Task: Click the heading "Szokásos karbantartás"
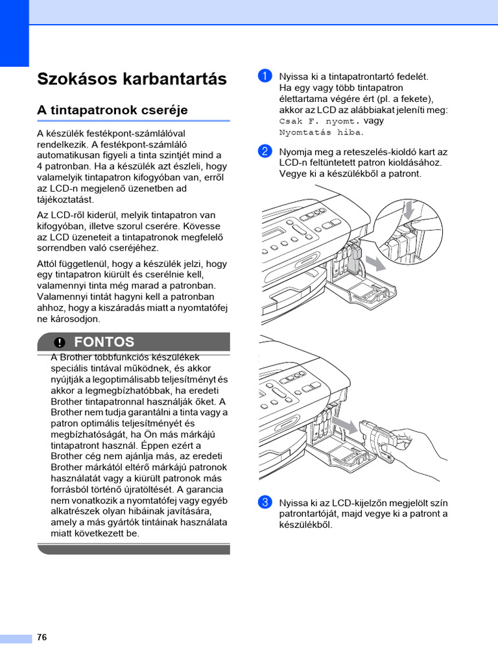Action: point(132,79)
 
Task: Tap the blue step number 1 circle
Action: point(264,77)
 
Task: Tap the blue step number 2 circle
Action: point(264,152)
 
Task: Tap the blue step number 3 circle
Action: point(264,502)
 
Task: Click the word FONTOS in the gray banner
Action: point(104,342)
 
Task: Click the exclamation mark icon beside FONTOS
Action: point(60,342)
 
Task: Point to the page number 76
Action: point(42,638)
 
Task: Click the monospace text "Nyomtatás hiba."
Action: point(321,132)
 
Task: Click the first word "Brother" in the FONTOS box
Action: point(77,358)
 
